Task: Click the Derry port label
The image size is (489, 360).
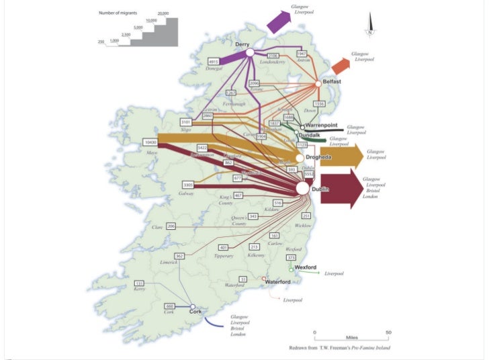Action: pyautogui.click(x=242, y=44)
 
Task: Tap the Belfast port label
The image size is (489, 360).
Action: pyautogui.click(x=332, y=81)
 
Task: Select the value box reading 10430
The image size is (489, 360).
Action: pyautogui.click(x=152, y=142)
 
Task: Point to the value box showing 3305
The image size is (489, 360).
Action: pyautogui.click(x=189, y=185)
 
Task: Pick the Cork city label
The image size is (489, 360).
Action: pyautogui.click(x=195, y=312)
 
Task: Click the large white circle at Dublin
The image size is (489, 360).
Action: pyautogui.click(x=302, y=189)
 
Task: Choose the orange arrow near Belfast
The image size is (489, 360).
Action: pyautogui.click(x=341, y=65)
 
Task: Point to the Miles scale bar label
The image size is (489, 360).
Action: pyautogui.click(x=351, y=338)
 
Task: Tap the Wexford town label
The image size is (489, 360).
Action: pyautogui.click(x=305, y=267)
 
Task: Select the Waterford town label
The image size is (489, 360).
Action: pyautogui.click(x=281, y=281)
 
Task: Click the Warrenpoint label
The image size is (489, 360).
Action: pyautogui.click(x=324, y=125)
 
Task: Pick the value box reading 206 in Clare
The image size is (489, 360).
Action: pyautogui.click(x=171, y=226)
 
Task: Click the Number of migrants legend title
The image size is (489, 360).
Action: pyautogui.click(x=118, y=13)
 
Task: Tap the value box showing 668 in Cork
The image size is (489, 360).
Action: pyautogui.click(x=170, y=306)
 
